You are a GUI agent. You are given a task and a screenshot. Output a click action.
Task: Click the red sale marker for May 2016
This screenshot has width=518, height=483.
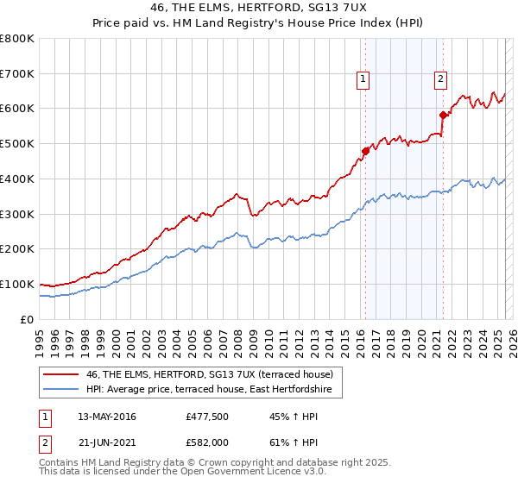(x=365, y=150)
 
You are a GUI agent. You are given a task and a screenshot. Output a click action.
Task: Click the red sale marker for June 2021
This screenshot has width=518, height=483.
(x=443, y=114)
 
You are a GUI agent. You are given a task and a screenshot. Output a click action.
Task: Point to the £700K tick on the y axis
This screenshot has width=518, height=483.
(x=17, y=73)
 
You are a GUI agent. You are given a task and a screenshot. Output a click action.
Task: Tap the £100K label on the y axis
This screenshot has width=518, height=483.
(x=17, y=284)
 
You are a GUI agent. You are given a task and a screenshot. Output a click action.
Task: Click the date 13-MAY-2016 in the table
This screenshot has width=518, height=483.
(x=107, y=417)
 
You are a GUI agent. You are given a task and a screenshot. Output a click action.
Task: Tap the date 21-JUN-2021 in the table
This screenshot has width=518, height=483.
(x=106, y=441)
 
